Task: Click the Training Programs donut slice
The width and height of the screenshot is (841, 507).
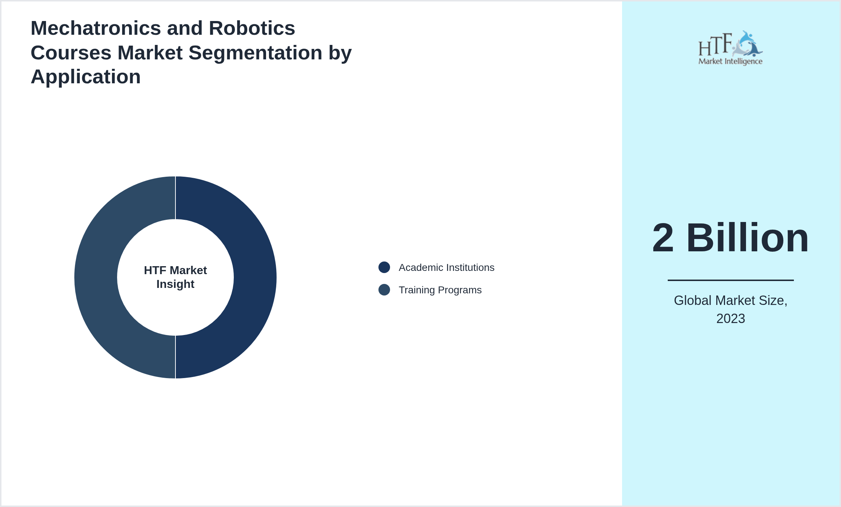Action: click(x=96, y=277)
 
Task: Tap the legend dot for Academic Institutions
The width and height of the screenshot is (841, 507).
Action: click(x=384, y=267)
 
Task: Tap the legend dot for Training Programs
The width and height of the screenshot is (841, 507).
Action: click(x=384, y=290)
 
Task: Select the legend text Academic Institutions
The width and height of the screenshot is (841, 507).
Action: click(x=446, y=268)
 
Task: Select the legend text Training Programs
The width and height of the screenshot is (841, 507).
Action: click(x=440, y=290)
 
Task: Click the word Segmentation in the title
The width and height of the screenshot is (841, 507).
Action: click(x=255, y=53)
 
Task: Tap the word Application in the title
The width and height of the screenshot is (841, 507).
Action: click(x=86, y=77)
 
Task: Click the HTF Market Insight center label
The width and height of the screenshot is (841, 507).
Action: click(x=175, y=277)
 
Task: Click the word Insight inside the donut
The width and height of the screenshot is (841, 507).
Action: click(x=175, y=284)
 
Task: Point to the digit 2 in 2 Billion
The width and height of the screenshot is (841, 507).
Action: click(x=663, y=238)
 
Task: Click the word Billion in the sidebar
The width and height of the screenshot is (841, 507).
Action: click(x=747, y=238)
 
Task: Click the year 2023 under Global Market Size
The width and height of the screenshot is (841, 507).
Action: click(x=730, y=319)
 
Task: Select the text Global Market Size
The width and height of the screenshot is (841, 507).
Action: click(x=730, y=301)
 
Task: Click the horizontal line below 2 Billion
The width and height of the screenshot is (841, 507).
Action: click(x=730, y=280)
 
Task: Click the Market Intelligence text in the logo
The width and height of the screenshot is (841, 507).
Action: click(x=730, y=61)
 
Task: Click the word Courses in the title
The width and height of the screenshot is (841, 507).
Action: click(x=71, y=53)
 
